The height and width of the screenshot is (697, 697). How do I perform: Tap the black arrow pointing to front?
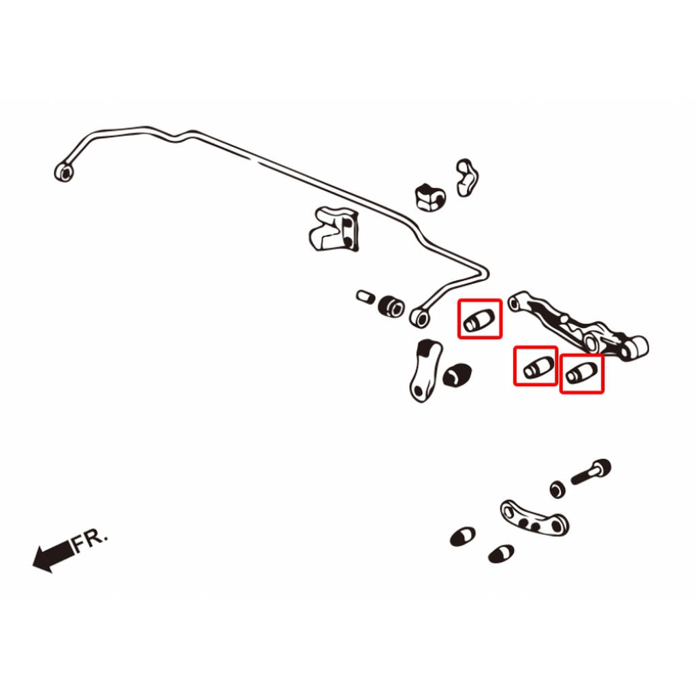[x=53, y=556]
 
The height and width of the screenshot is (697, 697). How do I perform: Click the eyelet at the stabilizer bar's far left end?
[x=64, y=172]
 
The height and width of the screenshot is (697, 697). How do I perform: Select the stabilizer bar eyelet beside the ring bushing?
[x=420, y=318]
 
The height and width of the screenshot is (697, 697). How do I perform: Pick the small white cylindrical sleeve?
[x=366, y=297]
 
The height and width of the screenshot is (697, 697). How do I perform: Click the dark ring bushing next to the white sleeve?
[x=391, y=306]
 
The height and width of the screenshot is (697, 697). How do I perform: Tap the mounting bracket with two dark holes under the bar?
[x=334, y=229]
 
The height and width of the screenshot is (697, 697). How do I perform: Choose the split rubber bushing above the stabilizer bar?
[x=430, y=197]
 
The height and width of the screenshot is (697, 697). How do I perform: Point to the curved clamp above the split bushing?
[x=467, y=178]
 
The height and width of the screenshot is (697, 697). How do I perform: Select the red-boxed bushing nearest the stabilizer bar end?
[x=479, y=320]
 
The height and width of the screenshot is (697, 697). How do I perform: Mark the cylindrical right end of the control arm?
[x=636, y=347]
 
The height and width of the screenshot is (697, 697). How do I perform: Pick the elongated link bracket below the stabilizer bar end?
[x=425, y=370]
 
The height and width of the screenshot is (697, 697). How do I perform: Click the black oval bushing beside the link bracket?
[x=457, y=376]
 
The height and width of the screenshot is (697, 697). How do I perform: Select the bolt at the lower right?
[x=591, y=472]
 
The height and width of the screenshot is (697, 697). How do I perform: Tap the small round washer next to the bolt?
[x=557, y=489]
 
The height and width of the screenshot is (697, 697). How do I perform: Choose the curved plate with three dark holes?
[x=534, y=518]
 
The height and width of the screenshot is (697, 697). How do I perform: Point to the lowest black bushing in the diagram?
[x=501, y=553]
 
